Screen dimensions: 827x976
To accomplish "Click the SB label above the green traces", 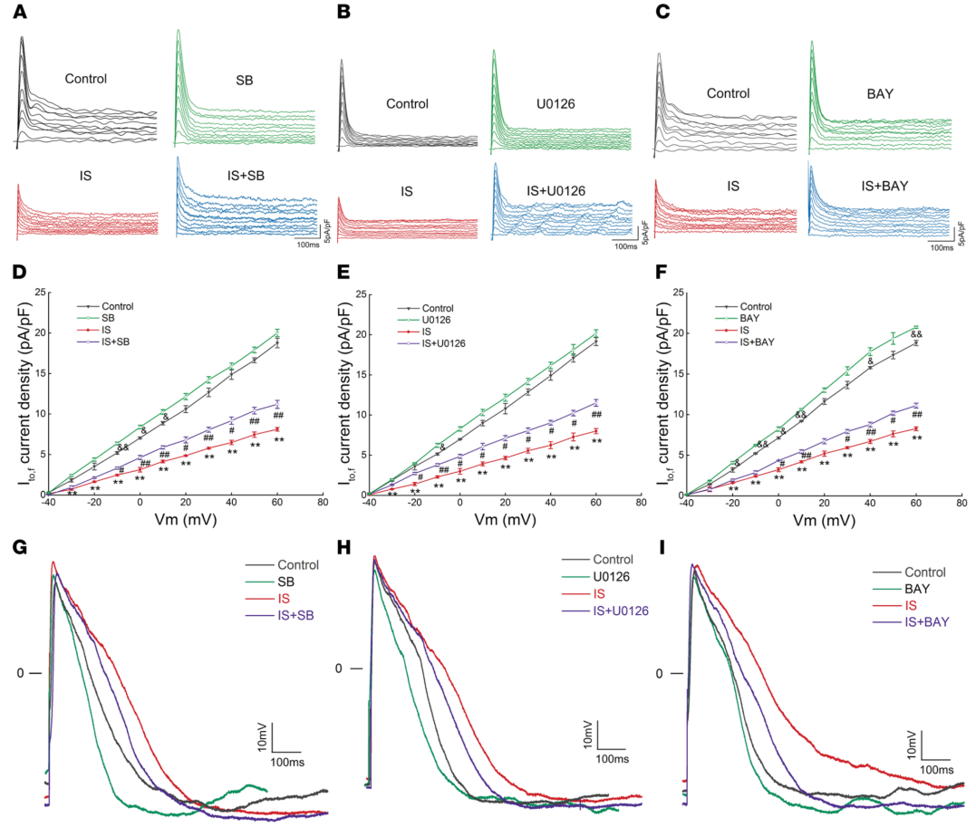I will click(245, 81).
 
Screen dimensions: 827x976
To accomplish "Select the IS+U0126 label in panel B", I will click(559, 190).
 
